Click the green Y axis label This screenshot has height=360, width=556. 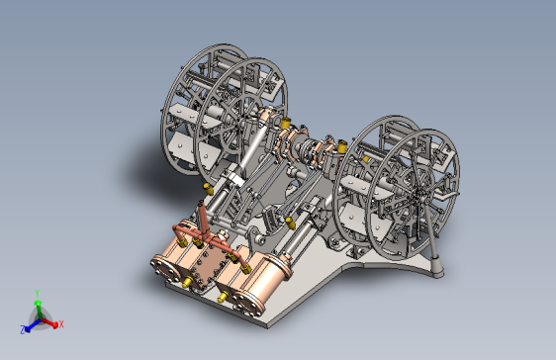point(37,293)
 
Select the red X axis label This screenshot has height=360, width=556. point(60,323)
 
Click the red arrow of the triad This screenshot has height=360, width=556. point(51,321)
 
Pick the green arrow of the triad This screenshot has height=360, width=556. point(38,304)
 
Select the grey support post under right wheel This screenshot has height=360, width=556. point(435,262)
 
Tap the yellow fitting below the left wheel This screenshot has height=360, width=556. point(206,184)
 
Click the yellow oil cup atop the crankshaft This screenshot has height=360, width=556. point(287,123)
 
